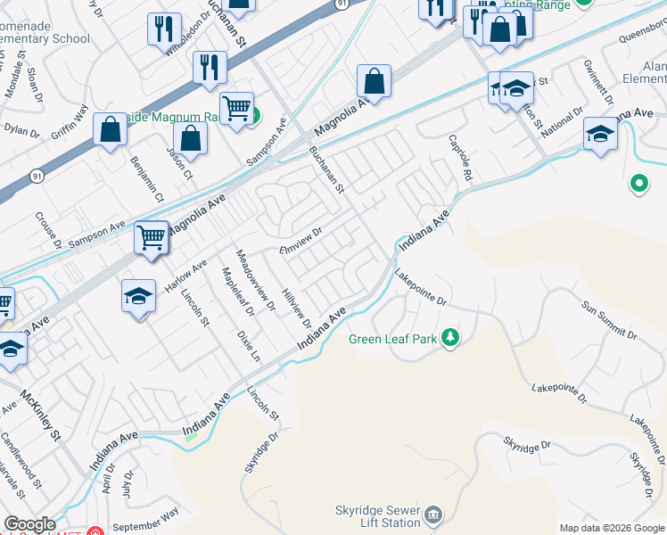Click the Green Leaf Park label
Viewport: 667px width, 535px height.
[392, 339]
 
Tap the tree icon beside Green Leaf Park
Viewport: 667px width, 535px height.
[451, 338]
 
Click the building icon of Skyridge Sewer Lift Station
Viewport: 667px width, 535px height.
[433, 514]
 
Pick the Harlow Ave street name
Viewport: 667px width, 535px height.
[185, 276]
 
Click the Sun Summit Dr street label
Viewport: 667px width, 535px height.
[610, 322]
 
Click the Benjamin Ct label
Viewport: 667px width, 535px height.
[142, 177]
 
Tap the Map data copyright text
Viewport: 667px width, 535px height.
[611, 528]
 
